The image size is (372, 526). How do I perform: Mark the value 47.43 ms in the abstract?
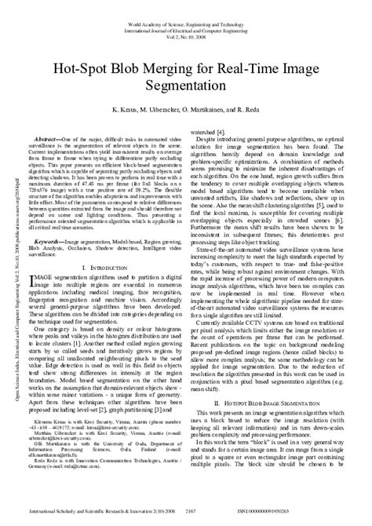(x=97, y=183)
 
